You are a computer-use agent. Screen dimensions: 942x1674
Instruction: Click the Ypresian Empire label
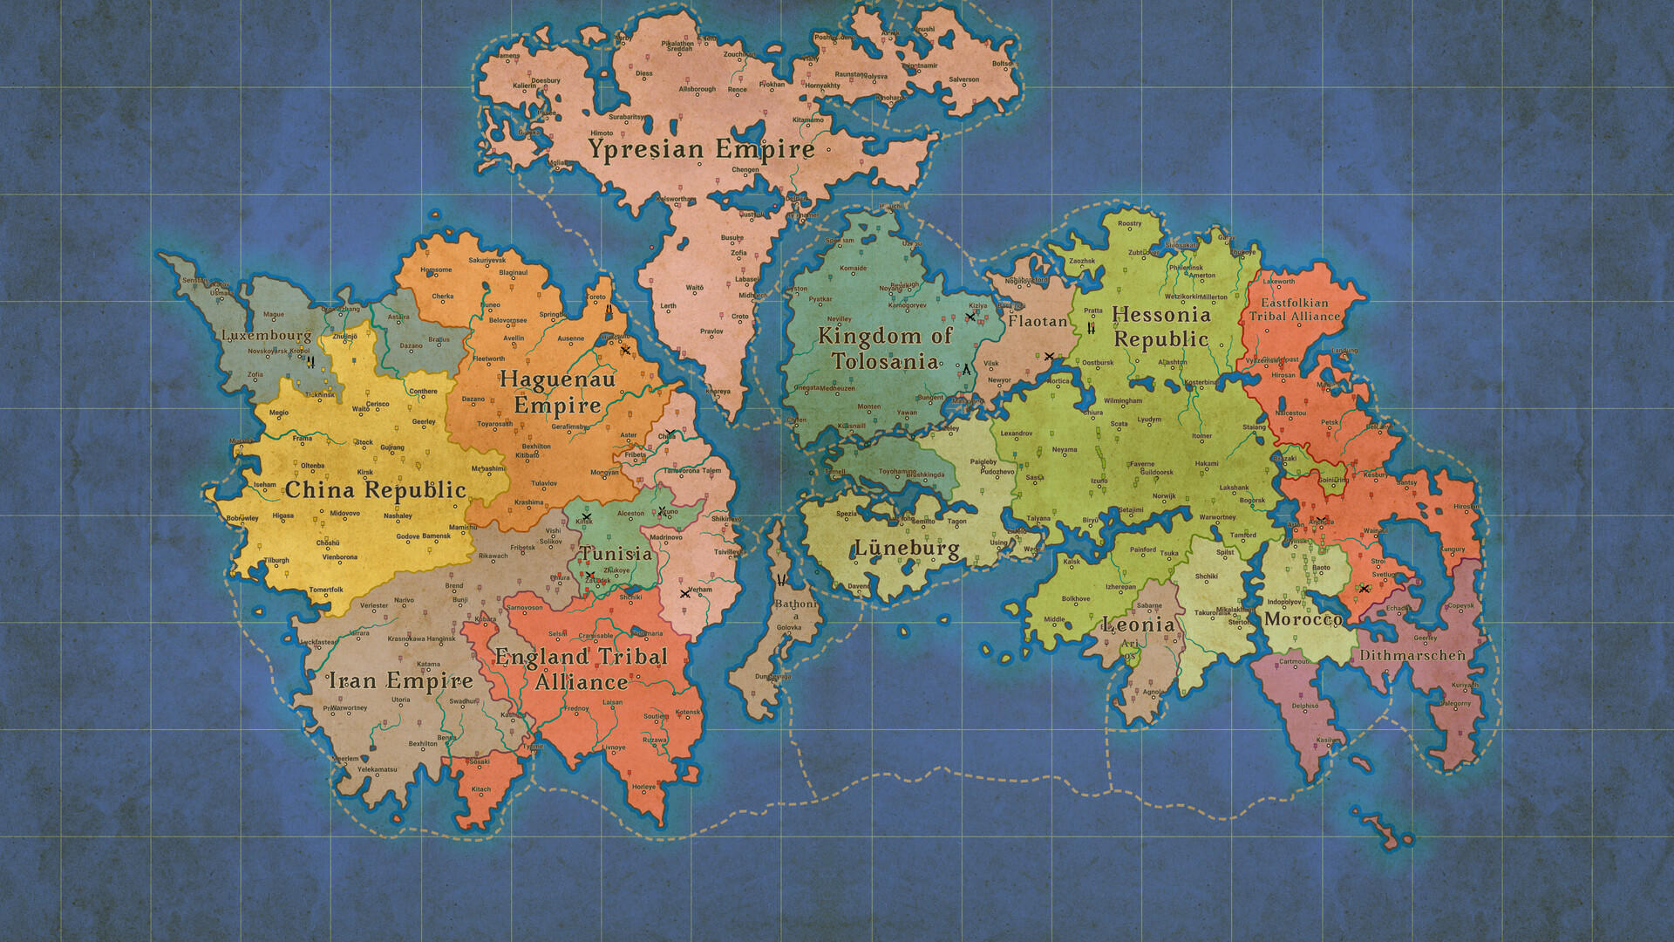pyautogui.click(x=701, y=149)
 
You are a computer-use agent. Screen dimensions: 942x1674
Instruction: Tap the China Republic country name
pyautogui.click(x=376, y=490)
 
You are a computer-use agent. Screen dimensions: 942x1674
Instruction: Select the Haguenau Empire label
pyautogui.click(x=558, y=392)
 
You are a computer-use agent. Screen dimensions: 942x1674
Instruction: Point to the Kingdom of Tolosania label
pyautogui.click(x=884, y=349)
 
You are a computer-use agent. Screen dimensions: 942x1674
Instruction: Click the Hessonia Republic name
pyautogui.click(x=1161, y=327)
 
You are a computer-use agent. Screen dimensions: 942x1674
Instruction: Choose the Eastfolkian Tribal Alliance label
pyautogui.click(x=1295, y=310)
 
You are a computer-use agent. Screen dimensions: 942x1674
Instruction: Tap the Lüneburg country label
pyautogui.click(x=906, y=549)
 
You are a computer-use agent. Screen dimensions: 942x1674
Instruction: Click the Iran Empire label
pyautogui.click(x=400, y=680)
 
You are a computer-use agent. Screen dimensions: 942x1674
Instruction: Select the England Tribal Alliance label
pyautogui.click(x=582, y=669)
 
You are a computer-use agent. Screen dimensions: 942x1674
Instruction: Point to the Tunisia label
pyautogui.click(x=616, y=554)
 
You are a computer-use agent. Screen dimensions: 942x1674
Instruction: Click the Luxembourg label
pyautogui.click(x=266, y=335)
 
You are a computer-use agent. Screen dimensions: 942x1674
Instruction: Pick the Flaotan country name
pyautogui.click(x=1038, y=321)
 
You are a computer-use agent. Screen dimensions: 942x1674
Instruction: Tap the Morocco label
pyautogui.click(x=1303, y=619)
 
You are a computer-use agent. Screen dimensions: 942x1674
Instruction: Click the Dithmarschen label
pyautogui.click(x=1411, y=654)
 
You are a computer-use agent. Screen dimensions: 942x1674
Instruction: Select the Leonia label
pyautogui.click(x=1138, y=625)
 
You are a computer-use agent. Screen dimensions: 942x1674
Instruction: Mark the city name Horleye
pyautogui.click(x=643, y=787)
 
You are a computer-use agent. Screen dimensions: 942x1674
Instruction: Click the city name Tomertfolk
pyautogui.click(x=326, y=590)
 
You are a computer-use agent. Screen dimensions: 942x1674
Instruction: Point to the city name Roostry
pyautogui.click(x=1129, y=223)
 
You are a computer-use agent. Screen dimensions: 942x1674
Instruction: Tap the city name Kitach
pyautogui.click(x=481, y=789)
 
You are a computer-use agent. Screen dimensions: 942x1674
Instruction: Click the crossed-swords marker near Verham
pyautogui.click(x=684, y=594)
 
